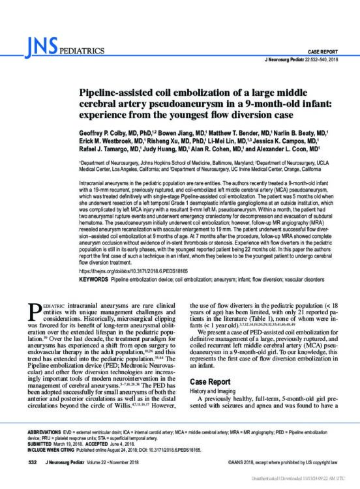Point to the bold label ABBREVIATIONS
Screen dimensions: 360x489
(37, 432)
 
